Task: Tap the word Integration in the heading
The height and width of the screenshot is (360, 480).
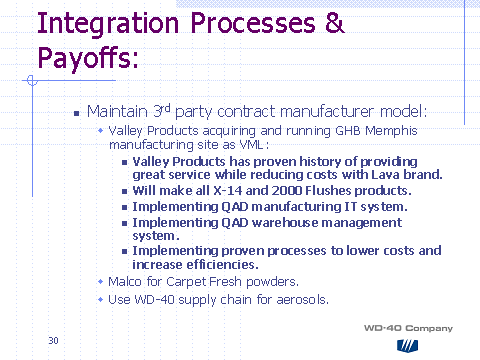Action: tap(108, 24)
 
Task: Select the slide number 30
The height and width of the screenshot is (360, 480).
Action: tap(53, 341)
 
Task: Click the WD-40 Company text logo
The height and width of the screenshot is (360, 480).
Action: tap(408, 328)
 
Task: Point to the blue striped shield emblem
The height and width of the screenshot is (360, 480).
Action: tap(407, 346)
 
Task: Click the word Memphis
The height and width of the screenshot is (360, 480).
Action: tap(391, 131)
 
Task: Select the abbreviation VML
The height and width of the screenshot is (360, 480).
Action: tap(252, 145)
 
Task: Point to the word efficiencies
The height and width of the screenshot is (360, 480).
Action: tap(222, 265)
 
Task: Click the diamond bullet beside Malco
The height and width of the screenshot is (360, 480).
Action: tap(101, 282)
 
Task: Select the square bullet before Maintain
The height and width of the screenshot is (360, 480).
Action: tap(77, 113)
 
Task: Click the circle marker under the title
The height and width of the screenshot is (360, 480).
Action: tap(32, 80)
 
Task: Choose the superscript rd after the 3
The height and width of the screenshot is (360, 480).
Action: tap(166, 108)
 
